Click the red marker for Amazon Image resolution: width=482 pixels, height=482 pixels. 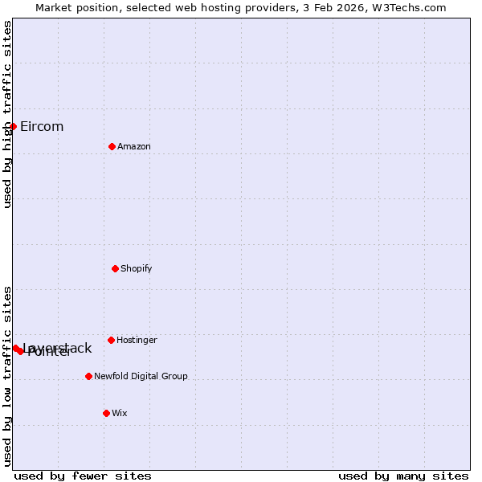point(112,146)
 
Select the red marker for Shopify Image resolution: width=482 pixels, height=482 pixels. point(115,268)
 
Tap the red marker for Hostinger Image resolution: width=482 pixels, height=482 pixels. point(111,340)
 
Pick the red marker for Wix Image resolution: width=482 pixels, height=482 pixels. point(106,413)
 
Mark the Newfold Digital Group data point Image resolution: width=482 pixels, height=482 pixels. point(88,376)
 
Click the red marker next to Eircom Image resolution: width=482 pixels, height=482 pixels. point(13,126)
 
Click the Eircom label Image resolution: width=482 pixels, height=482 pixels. point(42,126)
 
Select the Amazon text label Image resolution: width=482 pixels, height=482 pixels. point(134,146)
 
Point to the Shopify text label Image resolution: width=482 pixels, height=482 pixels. point(137,268)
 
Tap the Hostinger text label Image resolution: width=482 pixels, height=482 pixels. point(137,340)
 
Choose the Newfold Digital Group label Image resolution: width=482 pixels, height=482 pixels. point(141,376)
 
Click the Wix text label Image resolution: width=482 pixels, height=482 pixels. point(120,413)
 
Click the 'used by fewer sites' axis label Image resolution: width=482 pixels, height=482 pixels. point(83,476)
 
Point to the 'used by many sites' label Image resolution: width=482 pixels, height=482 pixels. point(403,476)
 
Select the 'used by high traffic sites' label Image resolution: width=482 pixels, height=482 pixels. point(7,114)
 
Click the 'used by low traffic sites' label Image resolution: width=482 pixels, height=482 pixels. point(7,376)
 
